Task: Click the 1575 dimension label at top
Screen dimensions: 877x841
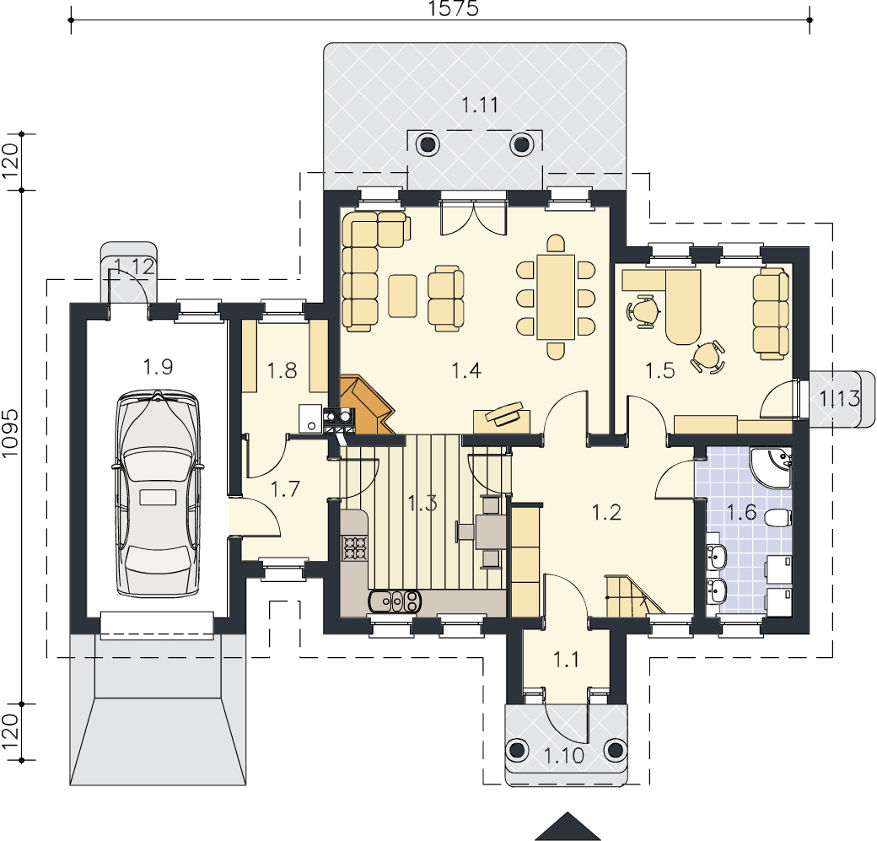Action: (x=454, y=8)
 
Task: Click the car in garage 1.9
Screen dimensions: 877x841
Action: (x=158, y=494)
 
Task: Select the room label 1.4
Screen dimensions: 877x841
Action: (x=466, y=369)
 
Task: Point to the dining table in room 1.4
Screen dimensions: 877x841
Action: (x=556, y=297)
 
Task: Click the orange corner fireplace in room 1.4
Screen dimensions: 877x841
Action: (x=364, y=405)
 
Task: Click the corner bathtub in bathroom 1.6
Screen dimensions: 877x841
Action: (x=771, y=467)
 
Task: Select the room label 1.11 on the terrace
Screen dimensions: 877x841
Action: (x=479, y=105)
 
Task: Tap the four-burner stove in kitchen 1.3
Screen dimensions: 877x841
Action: (x=353, y=547)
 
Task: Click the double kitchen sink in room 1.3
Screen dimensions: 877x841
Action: (x=395, y=601)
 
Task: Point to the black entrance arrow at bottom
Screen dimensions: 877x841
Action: (x=568, y=827)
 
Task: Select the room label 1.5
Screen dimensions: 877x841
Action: (x=660, y=369)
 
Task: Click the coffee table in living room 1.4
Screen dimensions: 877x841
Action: (x=403, y=295)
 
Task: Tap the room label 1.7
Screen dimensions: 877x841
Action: (x=285, y=489)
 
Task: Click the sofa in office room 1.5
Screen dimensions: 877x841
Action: (x=772, y=313)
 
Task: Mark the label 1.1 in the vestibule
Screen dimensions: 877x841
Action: (x=566, y=660)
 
